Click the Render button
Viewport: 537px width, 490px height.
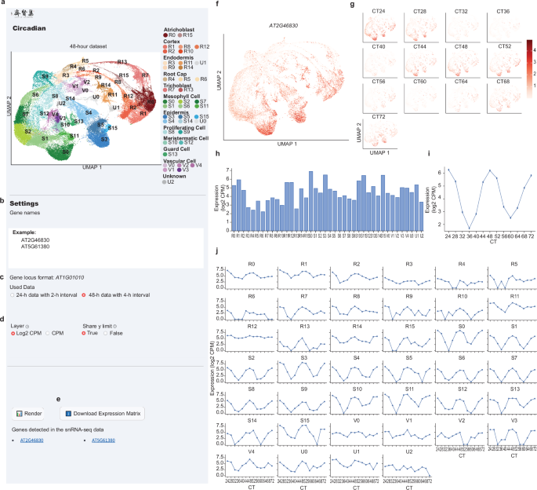(x=29, y=413)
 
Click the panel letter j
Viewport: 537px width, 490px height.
(x=216, y=250)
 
